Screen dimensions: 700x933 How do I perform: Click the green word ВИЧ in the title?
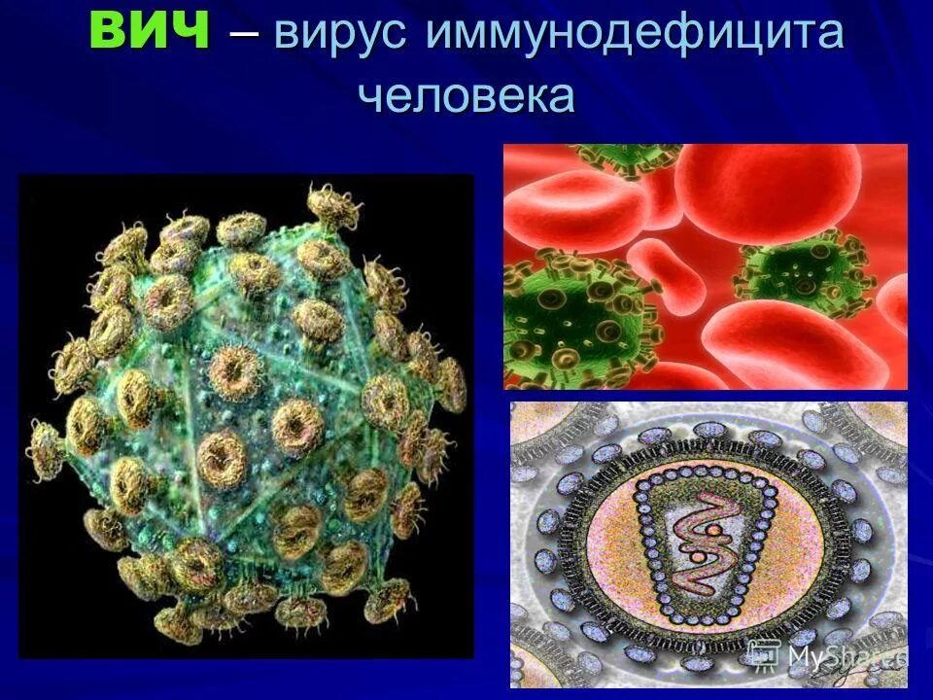pyautogui.click(x=150, y=31)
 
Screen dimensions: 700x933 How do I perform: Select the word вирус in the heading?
pyautogui.click(x=343, y=35)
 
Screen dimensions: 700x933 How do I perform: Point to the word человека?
pyautogui.click(x=466, y=96)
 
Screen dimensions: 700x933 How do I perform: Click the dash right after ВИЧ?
pyautogui.click(x=245, y=35)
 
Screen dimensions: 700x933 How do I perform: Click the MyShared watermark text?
pyautogui.click(x=846, y=658)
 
